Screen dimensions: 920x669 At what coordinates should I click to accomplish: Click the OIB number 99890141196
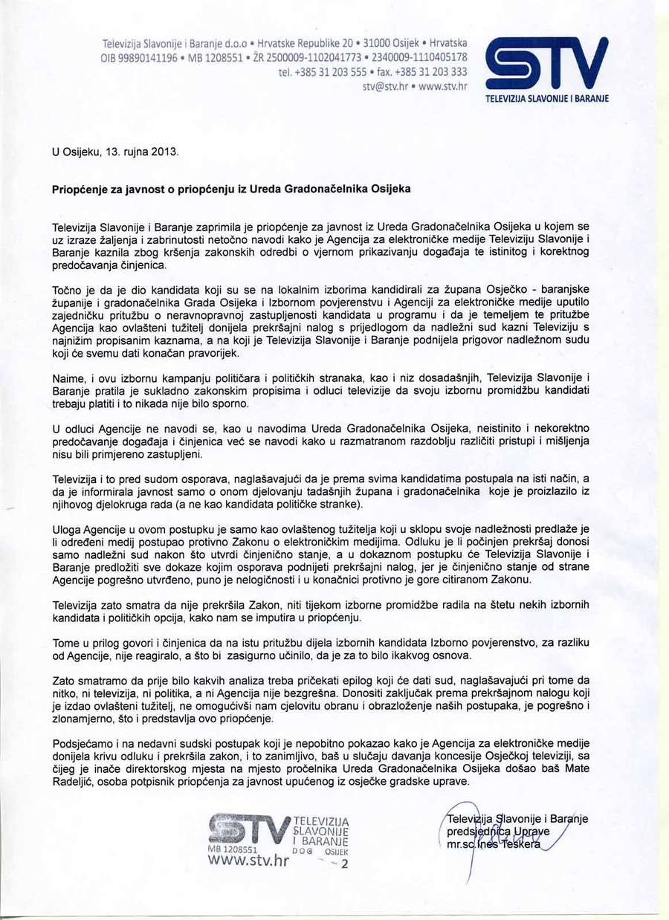(146, 58)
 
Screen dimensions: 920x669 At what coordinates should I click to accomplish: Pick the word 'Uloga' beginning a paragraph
(68, 528)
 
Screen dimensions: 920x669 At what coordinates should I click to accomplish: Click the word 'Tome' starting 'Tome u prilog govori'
(66, 642)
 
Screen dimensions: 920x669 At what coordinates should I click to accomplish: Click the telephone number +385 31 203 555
(334, 72)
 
